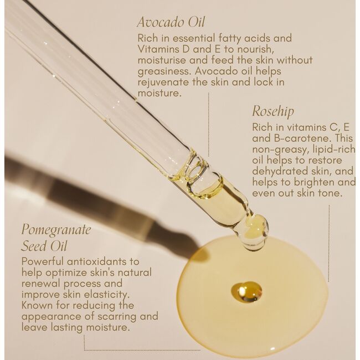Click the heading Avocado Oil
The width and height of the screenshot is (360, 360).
(171, 23)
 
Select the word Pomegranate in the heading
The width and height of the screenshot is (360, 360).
(55, 229)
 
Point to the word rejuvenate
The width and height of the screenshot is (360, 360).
(164, 82)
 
